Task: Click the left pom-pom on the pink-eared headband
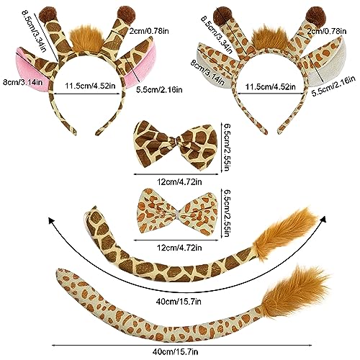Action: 48,15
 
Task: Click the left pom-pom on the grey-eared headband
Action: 222,15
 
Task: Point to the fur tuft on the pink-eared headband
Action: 86,38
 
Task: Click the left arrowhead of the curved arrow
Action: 51,220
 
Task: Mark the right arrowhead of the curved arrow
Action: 323,219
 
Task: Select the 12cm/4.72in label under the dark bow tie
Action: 179,181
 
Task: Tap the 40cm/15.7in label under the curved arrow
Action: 179,301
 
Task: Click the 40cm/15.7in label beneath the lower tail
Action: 175,352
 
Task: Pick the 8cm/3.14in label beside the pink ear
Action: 22,82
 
